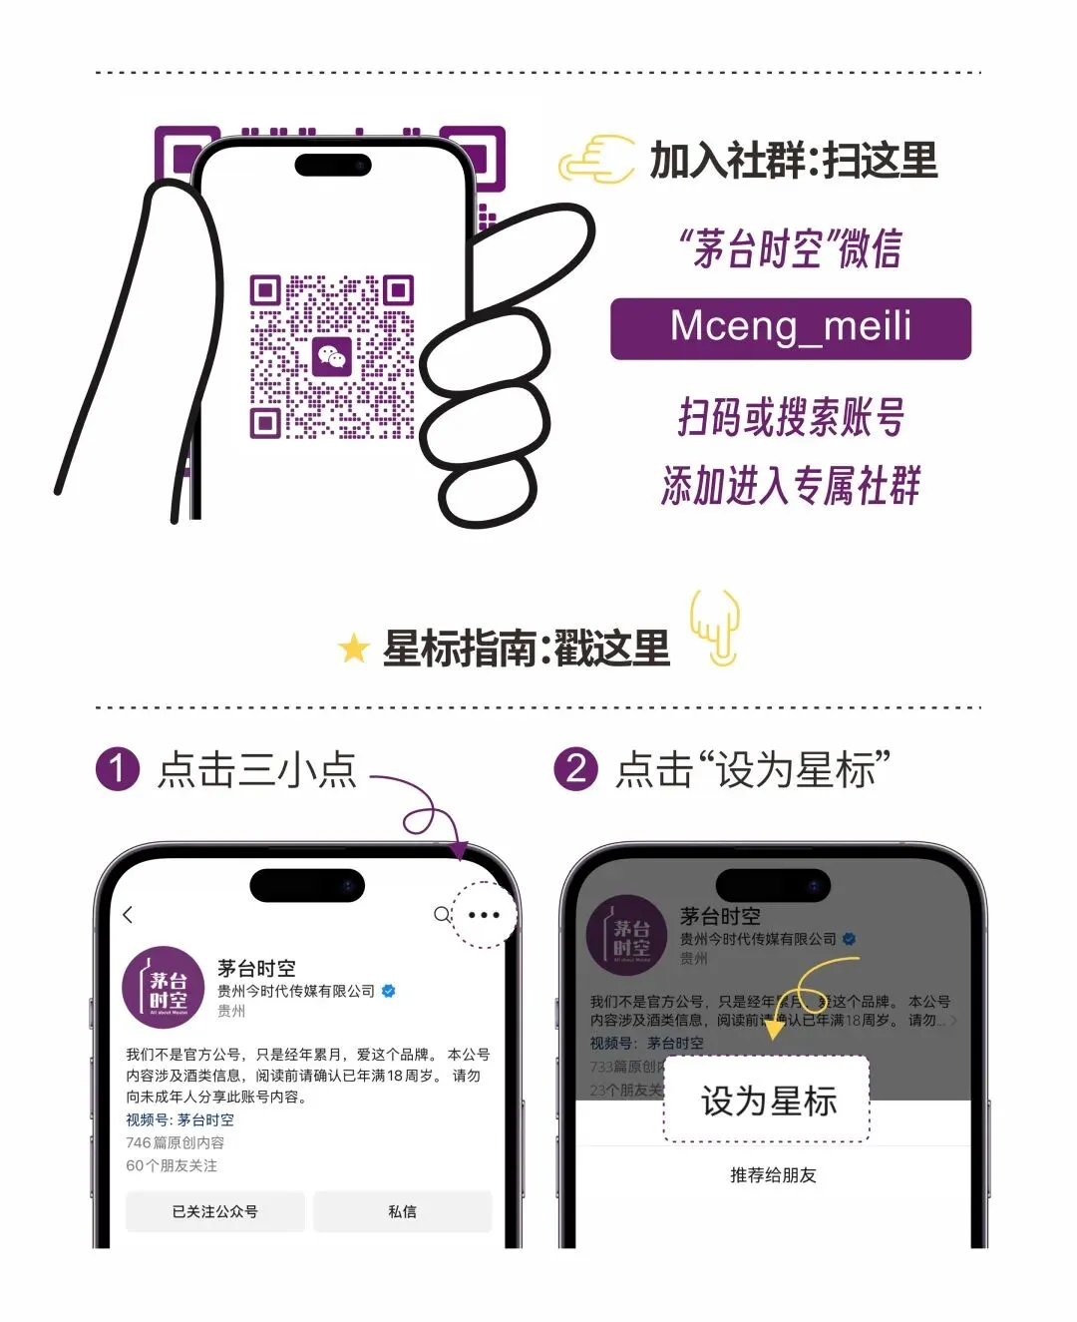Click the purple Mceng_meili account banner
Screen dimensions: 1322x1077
[x=790, y=328]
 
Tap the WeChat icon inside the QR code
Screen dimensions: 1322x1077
[x=331, y=356]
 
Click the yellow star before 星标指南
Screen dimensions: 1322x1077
[x=353, y=649]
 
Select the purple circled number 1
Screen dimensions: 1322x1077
[x=118, y=769]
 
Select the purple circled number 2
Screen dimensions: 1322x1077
[x=575, y=769]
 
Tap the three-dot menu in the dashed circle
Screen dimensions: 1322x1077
[x=484, y=915]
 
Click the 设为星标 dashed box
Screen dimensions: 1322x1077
[x=767, y=1101]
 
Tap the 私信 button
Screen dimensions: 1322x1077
[x=402, y=1211]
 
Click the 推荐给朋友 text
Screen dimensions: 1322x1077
[x=773, y=1175]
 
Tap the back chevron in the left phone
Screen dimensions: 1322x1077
[x=128, y=915]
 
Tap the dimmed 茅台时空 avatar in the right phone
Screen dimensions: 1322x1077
[x=628, y=936]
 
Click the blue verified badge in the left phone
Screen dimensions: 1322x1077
[x=389, y=991]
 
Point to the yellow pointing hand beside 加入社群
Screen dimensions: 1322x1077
[x=596, y=160]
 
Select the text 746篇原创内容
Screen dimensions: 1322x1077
[x=175, y=1142]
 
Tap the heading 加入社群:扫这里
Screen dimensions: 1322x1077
[x=794, y=161]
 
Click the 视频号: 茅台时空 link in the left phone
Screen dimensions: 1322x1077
[x=179, y=1119]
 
